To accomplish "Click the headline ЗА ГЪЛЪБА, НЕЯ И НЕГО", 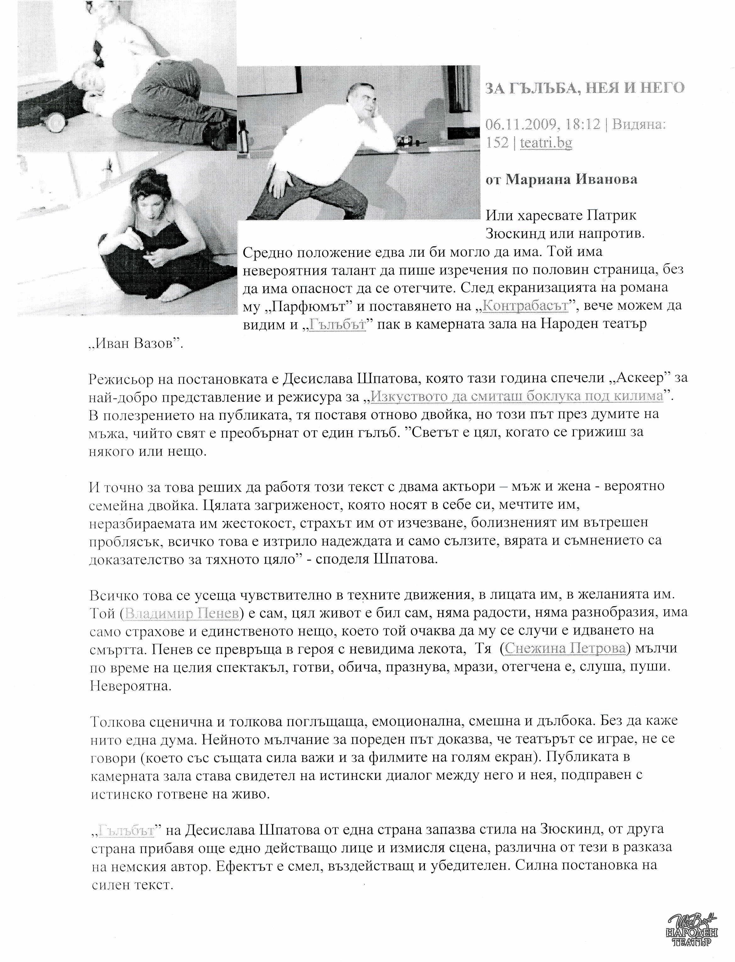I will click(585, 88).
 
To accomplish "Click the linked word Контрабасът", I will click(525, 305).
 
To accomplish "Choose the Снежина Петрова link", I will click(565, 649).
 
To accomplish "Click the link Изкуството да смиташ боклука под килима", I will click(516, 396).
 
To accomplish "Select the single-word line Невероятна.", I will click(131, 686).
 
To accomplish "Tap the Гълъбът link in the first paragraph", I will click(337, 325).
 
